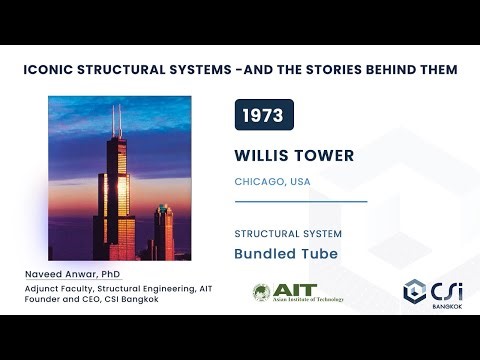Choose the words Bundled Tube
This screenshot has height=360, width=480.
(x=286, y=254)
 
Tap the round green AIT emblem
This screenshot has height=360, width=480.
(x=263, y=292)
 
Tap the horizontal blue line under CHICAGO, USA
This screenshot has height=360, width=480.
(x=300, y=201)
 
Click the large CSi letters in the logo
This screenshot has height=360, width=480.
(x=446, y=288)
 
